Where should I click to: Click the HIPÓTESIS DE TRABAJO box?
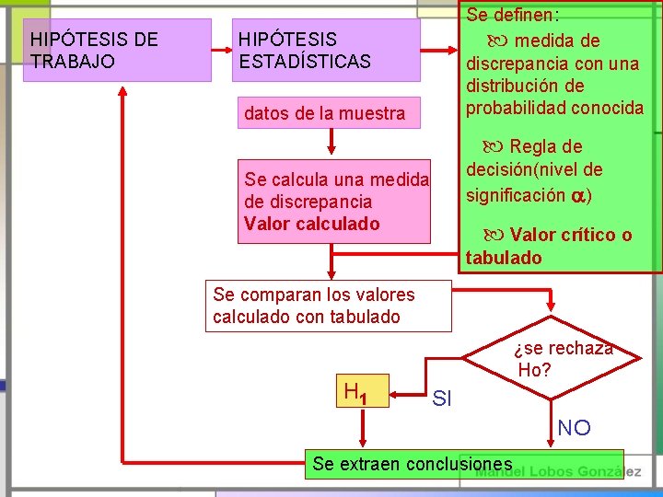pyautogui.click(x=116, y=50)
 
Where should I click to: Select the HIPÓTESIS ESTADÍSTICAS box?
pyautogui.click(x=326, y=50)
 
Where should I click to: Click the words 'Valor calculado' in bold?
pyautogui.click(x=311, y=224)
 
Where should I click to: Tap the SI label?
pyautogui.click(x=442, y=399)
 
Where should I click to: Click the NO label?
pyautogui.click(x=574, y=428)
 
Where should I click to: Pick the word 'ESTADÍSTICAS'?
pyautogui.click(x=304, y=62)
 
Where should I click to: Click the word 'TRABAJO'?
pyautogui.click(x=73, y=62)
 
